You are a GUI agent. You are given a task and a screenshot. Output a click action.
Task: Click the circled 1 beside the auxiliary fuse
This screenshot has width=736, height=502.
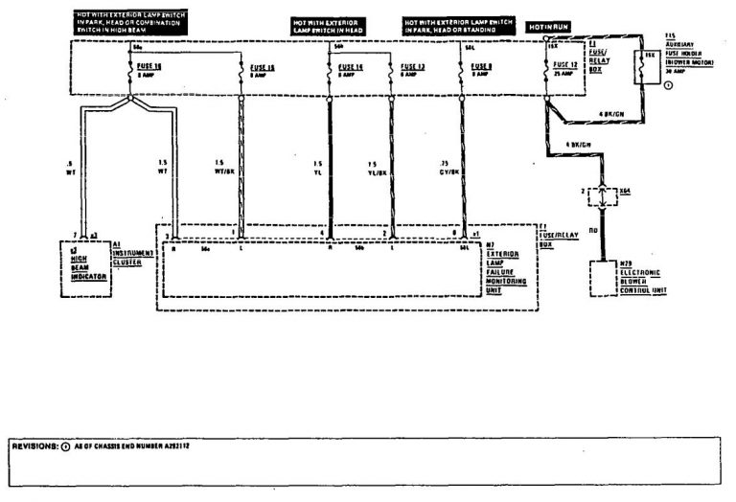(x=668, y=86)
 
